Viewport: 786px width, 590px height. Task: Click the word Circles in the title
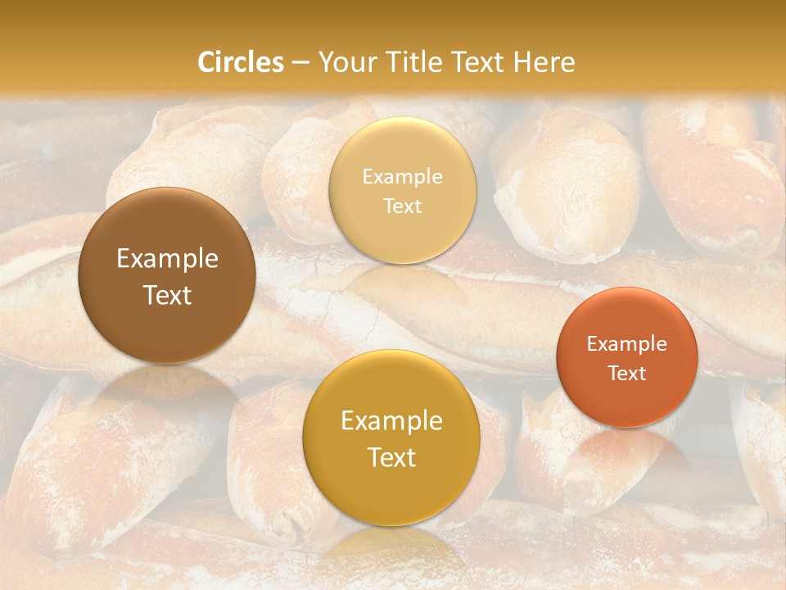[241, 62]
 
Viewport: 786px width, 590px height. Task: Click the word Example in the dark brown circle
[167, 259]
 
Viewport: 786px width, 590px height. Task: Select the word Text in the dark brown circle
[167, 295]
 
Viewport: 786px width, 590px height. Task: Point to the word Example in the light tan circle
[402, 176]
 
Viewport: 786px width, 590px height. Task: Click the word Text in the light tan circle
[402, 206]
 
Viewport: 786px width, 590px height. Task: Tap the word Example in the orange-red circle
[627, 343]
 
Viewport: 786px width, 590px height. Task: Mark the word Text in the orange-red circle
[627, 373]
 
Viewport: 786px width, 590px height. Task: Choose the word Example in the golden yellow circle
[391, 420]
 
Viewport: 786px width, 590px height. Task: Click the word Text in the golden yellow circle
[391, 457]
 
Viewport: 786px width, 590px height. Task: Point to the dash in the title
[300, 63]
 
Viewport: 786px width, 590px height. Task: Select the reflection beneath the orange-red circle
[627, 451]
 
